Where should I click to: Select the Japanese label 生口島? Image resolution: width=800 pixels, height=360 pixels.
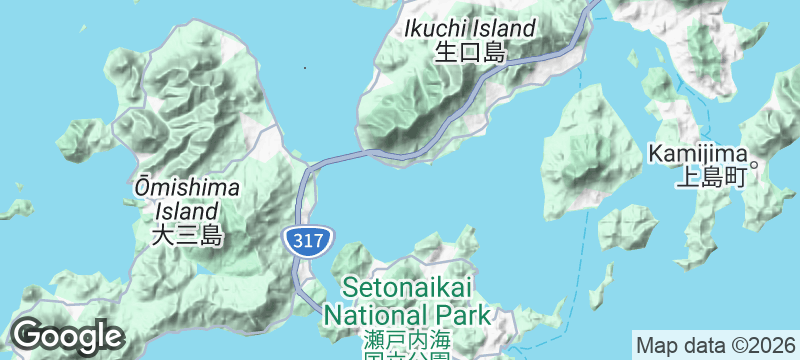469,53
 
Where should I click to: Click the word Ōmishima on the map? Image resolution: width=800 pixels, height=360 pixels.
187,188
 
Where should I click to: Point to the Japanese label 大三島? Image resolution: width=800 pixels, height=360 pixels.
187,236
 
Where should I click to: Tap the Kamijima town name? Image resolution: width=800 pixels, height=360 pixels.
697,154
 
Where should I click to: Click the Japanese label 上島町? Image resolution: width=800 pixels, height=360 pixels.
711,179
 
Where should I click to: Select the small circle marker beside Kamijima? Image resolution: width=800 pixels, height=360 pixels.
756,165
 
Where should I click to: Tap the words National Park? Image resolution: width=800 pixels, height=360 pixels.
408,314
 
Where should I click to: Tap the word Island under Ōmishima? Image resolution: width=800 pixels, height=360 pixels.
187,211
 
